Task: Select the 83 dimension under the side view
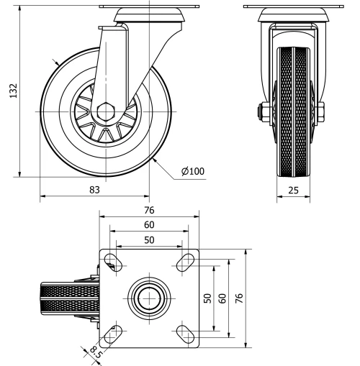click(94, 190)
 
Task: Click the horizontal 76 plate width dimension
click(148, 211)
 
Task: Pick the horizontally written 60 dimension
click(148, 225)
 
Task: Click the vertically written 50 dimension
click(207, 297)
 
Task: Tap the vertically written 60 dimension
click(222, 297)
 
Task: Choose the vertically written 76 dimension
click(239, 297)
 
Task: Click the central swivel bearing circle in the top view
click(149, 296)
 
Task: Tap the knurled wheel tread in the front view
click(296, 115)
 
